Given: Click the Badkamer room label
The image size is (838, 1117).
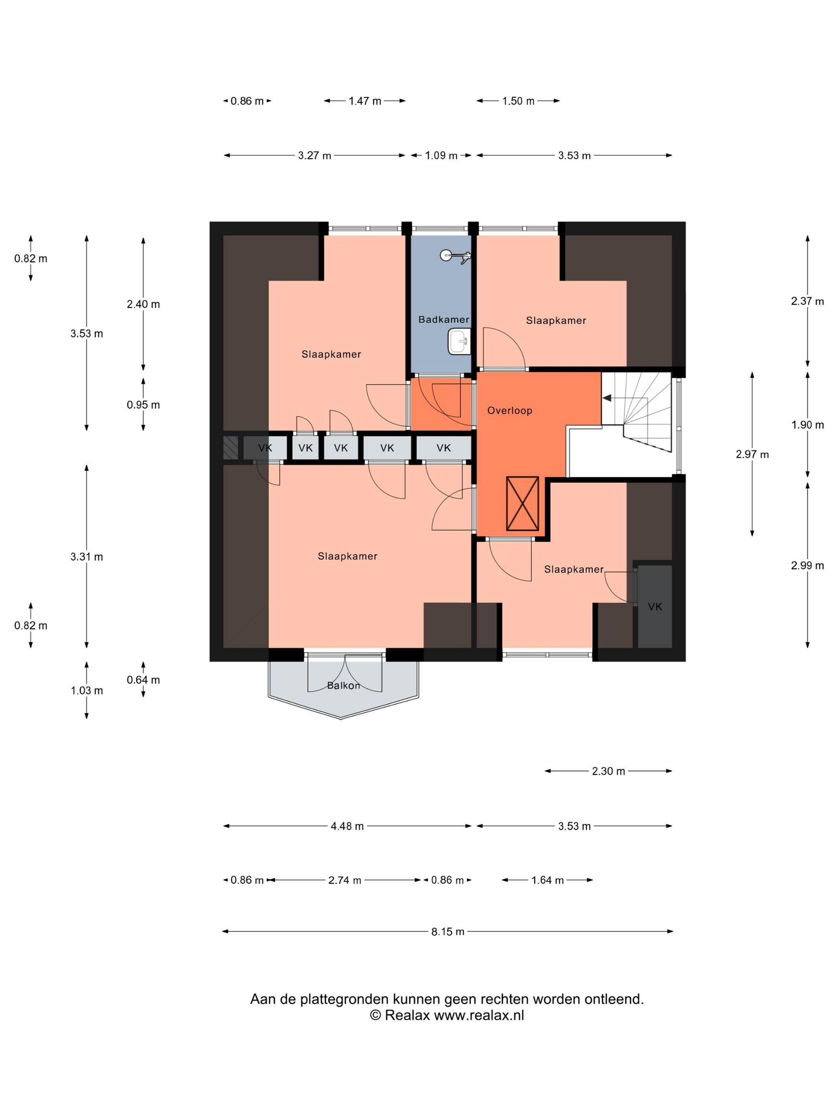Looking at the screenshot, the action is [x=443, y=319].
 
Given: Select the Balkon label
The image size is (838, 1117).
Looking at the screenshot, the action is [x=343, y=685].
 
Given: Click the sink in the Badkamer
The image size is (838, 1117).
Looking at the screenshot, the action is [x=459, y=342].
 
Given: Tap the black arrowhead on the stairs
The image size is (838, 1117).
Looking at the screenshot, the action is [x=607, y=398].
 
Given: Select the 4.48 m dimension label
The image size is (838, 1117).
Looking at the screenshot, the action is [x=347, y=826].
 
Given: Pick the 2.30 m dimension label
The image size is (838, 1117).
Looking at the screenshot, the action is [x=608, y=771].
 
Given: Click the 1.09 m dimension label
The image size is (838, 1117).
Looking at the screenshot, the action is [x=441, y=156].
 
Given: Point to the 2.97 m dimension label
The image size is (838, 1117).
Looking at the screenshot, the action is [x=752, y=455].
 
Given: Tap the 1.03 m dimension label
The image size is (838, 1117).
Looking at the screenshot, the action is [x=87, y=690].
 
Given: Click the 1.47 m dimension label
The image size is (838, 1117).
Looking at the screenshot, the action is [x=365, y=101].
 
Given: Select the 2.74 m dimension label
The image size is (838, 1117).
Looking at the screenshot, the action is [x=345, y=880].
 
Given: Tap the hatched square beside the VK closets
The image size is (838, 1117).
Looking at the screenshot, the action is [x=230, y=448].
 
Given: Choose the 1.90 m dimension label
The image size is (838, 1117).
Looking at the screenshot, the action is [x=807, y=425].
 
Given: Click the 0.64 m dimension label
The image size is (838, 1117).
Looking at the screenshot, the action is [x=144, y=680].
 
